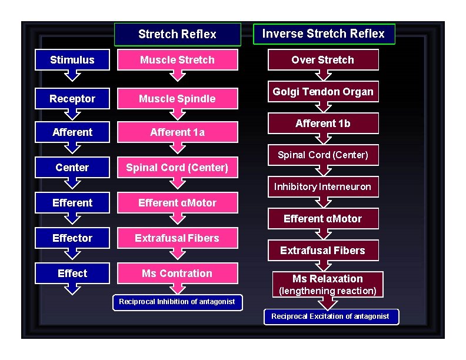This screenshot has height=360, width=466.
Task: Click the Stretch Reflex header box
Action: click(x=177, y=34)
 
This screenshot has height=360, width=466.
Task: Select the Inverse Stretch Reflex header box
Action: click(x=323, y=34)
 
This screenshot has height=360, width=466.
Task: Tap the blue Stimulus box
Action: click(x=72, y=60)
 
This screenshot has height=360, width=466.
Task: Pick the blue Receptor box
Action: click(x=72, y=99)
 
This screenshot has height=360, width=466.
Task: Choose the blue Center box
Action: click(x=72, y=168)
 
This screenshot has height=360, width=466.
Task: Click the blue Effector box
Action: click(x=72, y=238)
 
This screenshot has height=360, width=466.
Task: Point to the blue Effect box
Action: click(x=72, y=274)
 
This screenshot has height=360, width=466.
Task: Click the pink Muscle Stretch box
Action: click(x=177, y=60)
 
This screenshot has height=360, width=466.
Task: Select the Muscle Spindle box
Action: click(x=177, y=99)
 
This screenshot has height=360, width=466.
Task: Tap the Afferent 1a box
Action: click(x=177, y=132)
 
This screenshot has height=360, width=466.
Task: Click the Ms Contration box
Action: click(x=177, y=274)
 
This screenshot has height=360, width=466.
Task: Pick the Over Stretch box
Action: click(x=323, y=60)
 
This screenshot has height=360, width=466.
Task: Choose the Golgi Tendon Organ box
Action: click(x=323, y=92)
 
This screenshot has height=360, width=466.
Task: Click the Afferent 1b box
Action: click(x=323, y=124)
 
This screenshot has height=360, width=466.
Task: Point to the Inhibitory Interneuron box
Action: click(x=323, y=186)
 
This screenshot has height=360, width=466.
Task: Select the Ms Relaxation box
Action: click(x=328, y=279)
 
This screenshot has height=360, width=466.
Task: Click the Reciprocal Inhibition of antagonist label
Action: click(x=177, y=302)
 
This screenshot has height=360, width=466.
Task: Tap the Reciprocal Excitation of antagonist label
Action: click(x=330, y=316)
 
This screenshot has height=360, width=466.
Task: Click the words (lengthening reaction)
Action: click(x=328, y=291)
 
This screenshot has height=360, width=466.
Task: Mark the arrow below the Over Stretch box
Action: click(x=323, y=75)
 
